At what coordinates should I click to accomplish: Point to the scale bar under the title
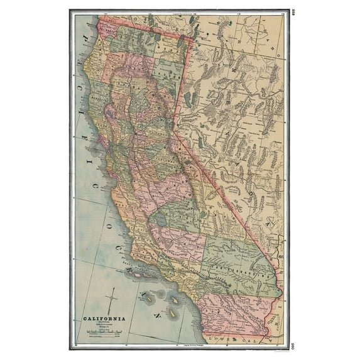[104, 330]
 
